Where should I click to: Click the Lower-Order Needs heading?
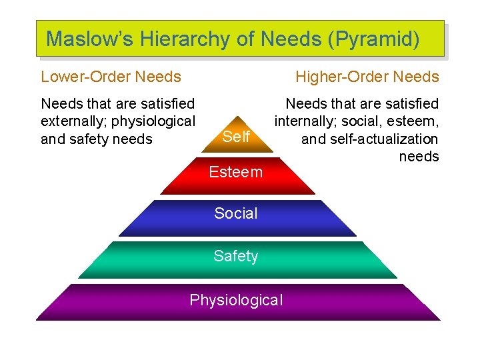click(111, 77)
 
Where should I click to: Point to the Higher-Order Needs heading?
click(367, 77)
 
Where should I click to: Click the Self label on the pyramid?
click(236, 137)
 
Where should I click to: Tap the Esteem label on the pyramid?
click(236, 172)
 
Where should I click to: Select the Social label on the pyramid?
click(236, 213)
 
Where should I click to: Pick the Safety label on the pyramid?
click(236, 256)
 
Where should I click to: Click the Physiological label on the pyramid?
click(236, 300)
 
